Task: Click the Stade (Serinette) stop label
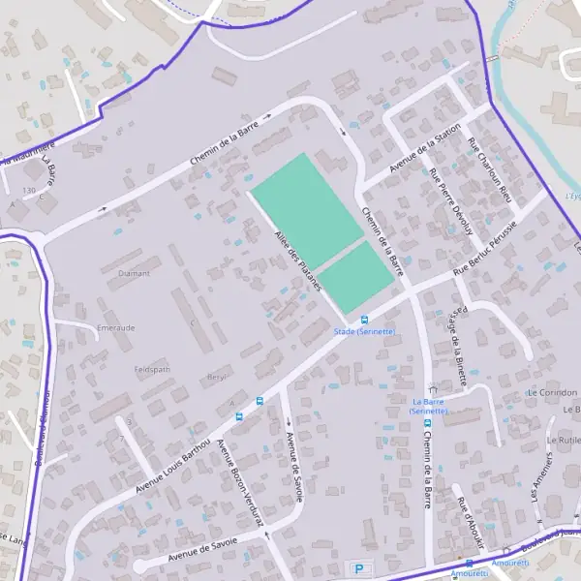pyautogui.click(x=364, y=331)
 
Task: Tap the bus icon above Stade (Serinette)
pyautogui.click(x=364, y=320)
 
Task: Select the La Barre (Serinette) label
pyautogui.click(x=428, y=406)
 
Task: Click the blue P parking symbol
pyautogui.click(x=360, y=569)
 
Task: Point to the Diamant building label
pyautogui.click(x=134, y=273)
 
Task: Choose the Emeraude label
pyautogui.click(x=116, y=328)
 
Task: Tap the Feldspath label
pyautogui.click(x=152, y=370)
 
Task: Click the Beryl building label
pyautogui.click(x=217, y=377)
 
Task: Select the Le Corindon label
pyautogui.click(x=552, y=393)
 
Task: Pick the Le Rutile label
pyautogui.click(x=564, y=440)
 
